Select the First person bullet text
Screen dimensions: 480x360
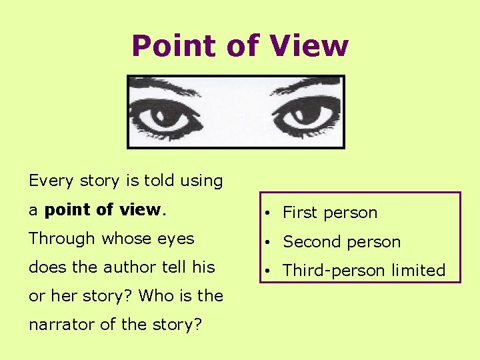(330, 213)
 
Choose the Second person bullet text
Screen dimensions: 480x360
(341, 242)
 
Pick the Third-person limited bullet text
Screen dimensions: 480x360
(364, 271)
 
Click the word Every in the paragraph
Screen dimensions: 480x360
(50, 181)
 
